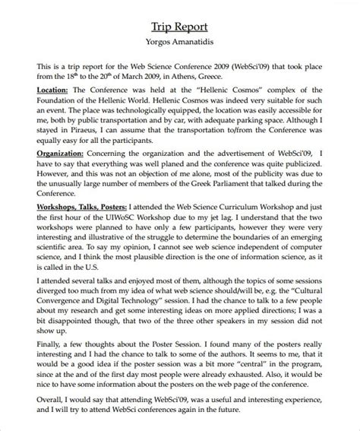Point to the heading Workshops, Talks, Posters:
80,248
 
